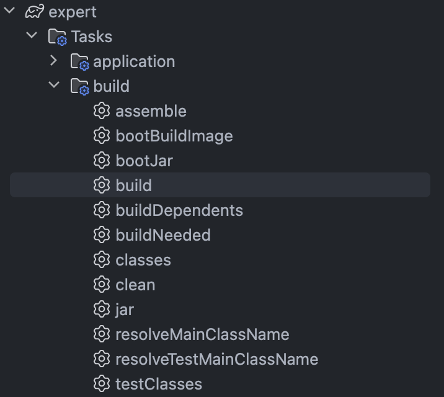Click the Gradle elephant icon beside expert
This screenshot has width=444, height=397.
click(35, 12)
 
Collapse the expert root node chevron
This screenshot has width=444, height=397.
click(9, 11)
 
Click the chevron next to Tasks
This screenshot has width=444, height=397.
click(31, 36)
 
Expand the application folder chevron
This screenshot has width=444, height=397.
click(53, 61)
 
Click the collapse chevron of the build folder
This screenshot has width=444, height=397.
click(54, 86)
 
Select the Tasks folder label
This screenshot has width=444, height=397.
click(91, 37)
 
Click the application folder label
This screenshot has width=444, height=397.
click(134, 61)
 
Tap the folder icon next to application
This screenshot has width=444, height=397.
click(79, 61)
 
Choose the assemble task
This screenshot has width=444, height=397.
click(151, 111)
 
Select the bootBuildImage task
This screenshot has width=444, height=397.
click(174, 136)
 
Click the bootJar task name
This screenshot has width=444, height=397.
click(144, 161)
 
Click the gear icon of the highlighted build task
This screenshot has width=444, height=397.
click(101, 185)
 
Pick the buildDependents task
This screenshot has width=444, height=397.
click(179, 210)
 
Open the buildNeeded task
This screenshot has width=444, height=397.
click(162, 235)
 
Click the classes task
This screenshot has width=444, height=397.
click(143, 260)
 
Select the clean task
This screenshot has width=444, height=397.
click(135, 285)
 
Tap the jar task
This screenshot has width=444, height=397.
click(124, 310)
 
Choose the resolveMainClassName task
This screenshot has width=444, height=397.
click(202, 334)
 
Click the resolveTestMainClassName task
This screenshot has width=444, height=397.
click(216, 359)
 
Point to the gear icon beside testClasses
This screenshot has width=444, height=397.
click(101, 384)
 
